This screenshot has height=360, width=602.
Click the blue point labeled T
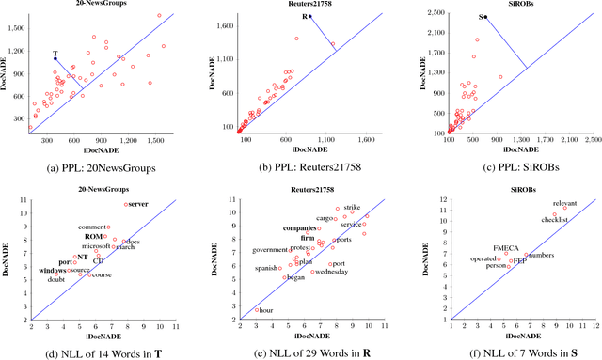tap(55, 59)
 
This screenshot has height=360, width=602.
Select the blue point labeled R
tap(311, 16)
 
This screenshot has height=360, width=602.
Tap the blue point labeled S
tap(486, 17)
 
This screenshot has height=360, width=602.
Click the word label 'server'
tap(138, 204)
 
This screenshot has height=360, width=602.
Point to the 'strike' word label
tap(352, 206)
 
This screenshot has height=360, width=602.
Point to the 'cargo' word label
tap(325, 219)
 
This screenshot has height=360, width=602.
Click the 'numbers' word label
tap(540, 255)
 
